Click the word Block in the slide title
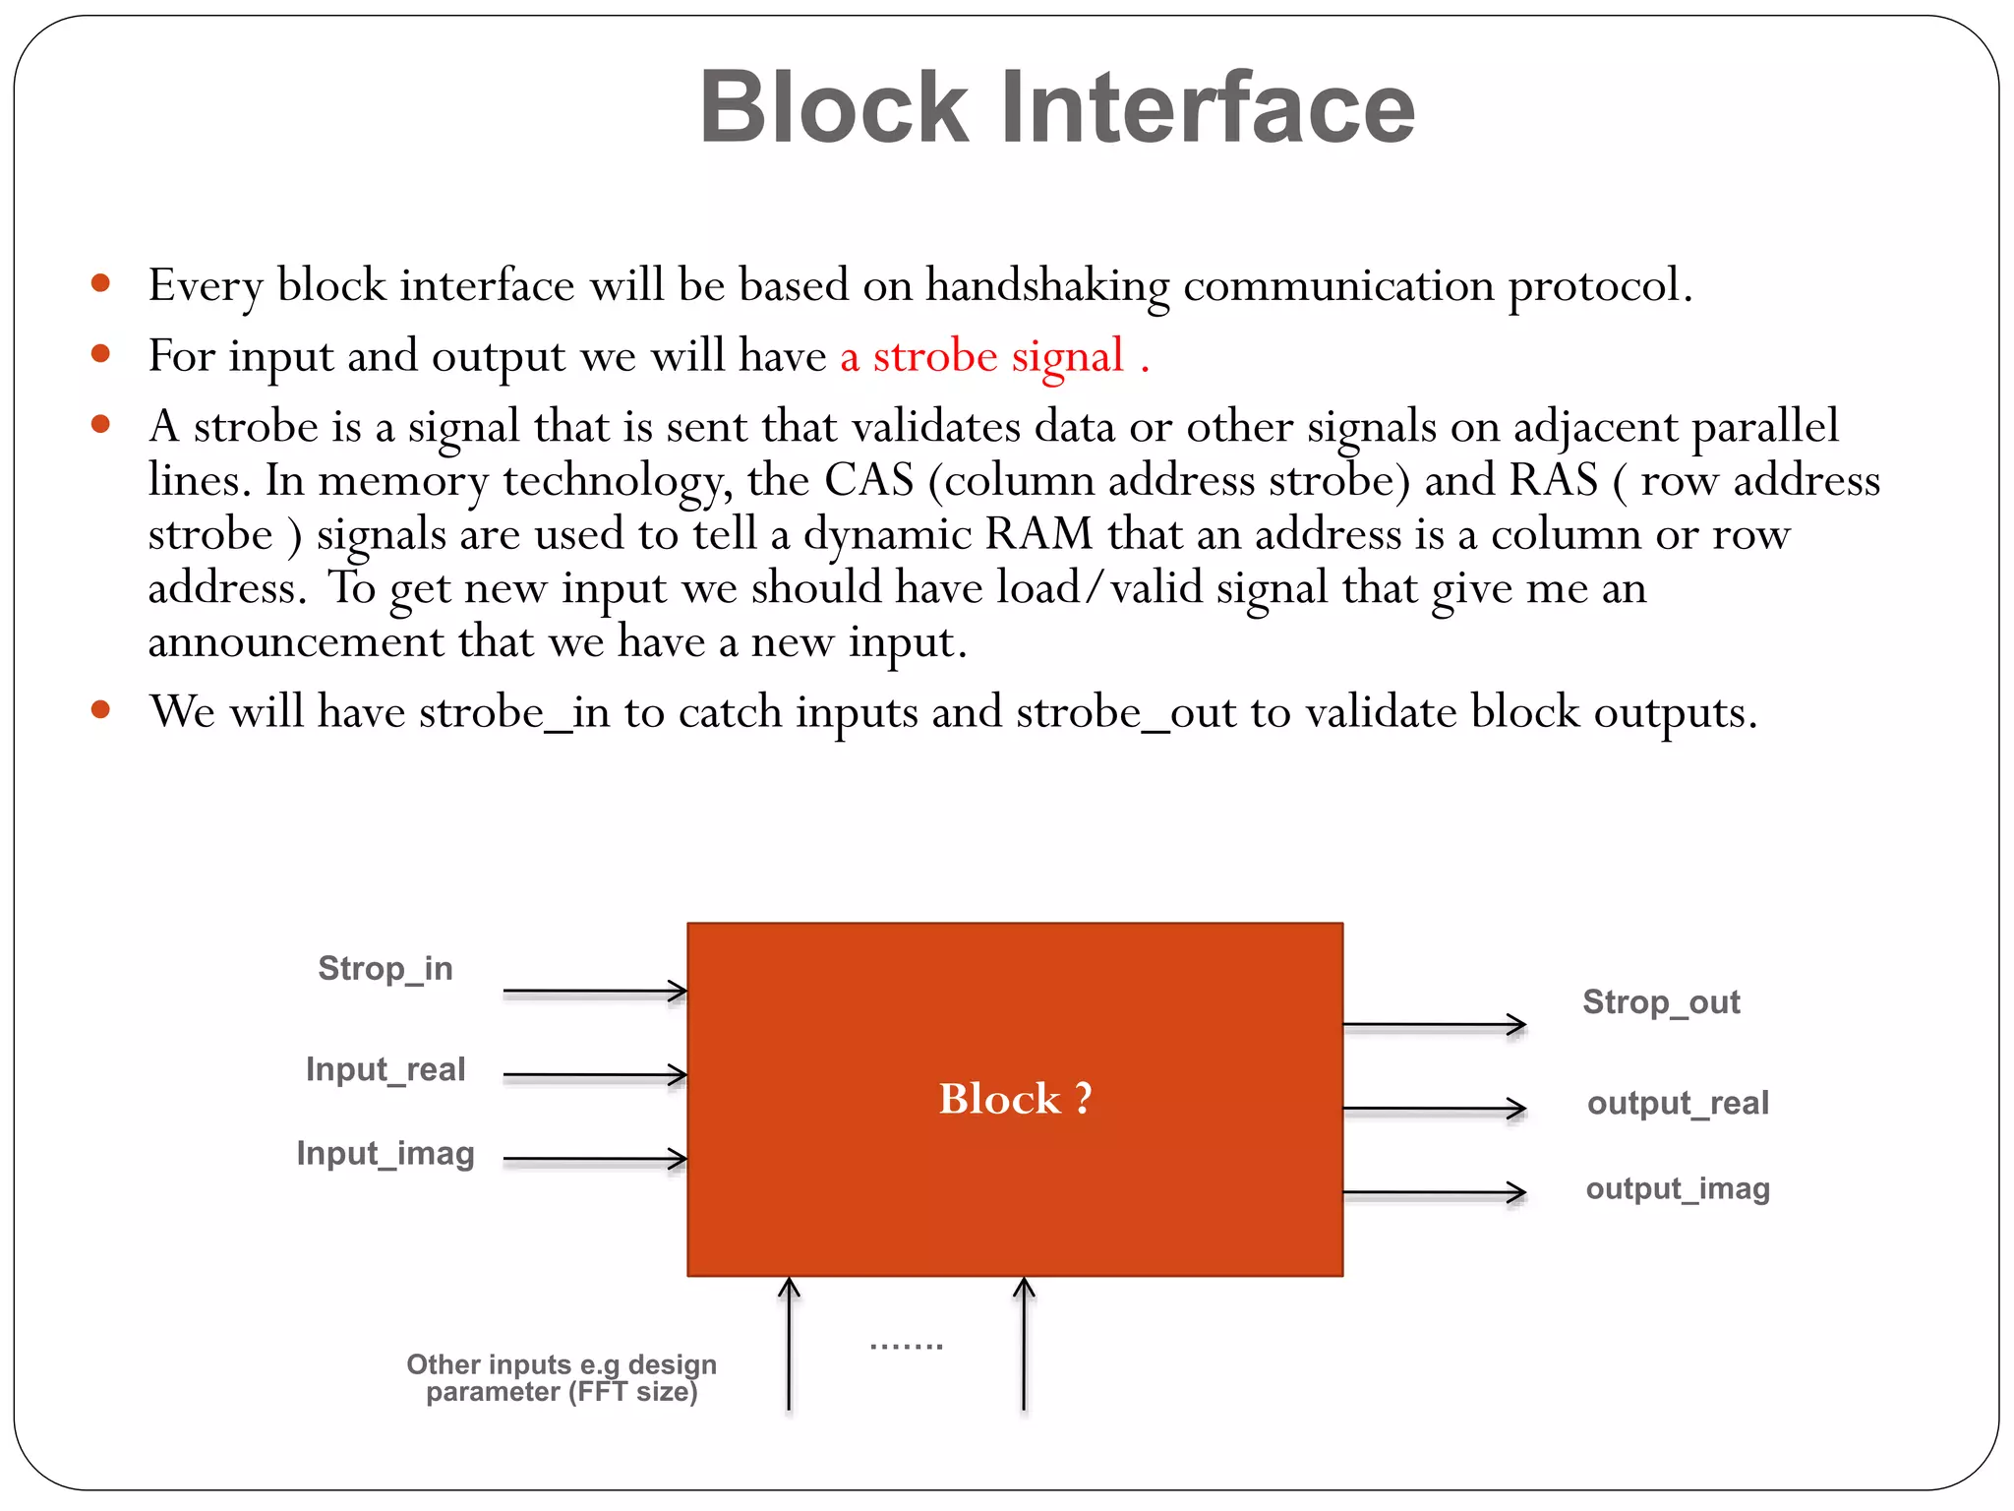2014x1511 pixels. click(834, 107)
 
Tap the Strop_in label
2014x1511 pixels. click(385, 969)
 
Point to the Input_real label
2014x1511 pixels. click(385, 1069)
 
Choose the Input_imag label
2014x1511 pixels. click(385, 1153)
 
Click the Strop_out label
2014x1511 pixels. click(1661, 1002)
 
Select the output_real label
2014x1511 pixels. click(1678, 1103)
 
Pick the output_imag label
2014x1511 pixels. click(1678, 1188)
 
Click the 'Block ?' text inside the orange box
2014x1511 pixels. click(1015, 1099)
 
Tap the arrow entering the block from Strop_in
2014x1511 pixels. click(594, 992)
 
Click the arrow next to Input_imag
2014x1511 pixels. click(594, 1160)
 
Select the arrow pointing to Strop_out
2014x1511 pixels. click(1434, 1025)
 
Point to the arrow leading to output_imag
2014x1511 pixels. click(1434, 1193)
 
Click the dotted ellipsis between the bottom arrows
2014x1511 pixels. click(906, 1346)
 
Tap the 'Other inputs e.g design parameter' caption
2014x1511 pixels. click(562, 1378)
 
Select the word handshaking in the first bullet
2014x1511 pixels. click(1047, 286)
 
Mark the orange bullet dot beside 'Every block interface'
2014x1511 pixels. click(100, 284)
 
